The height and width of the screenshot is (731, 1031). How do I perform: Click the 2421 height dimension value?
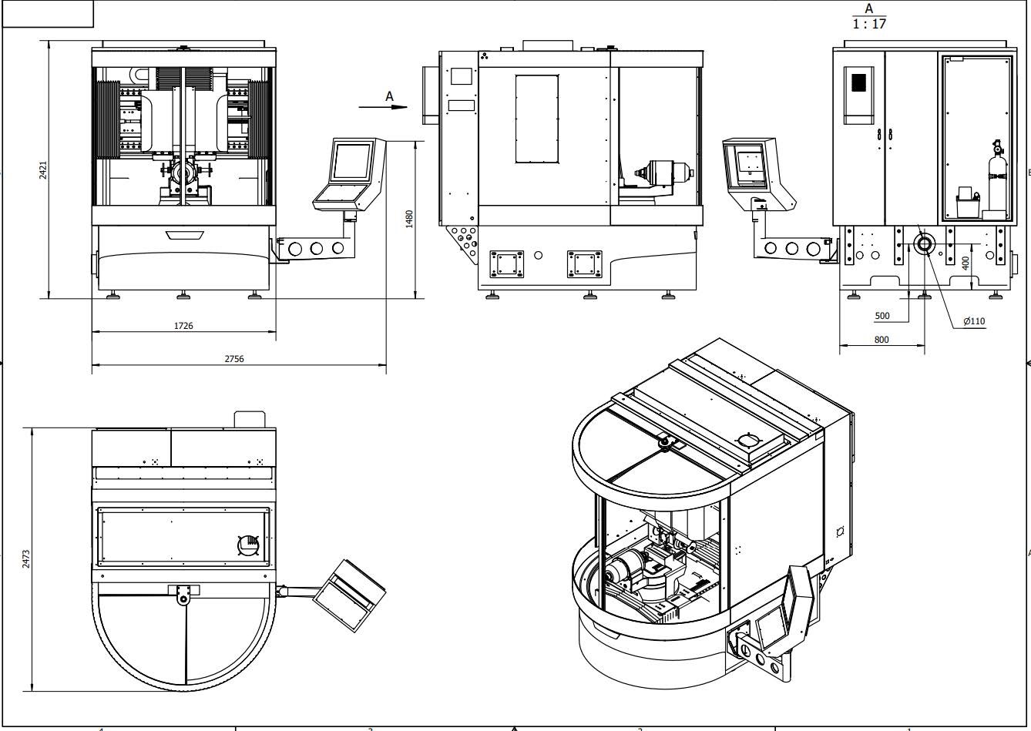click(x=43, y=170)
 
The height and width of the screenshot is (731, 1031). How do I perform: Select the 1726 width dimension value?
click(x=183, y=326)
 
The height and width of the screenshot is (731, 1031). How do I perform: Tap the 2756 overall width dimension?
click(x=234, y=359)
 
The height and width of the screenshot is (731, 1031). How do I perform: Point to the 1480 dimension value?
click(x=409, y=219)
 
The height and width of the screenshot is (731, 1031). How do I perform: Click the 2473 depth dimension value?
click(x=26, y=558)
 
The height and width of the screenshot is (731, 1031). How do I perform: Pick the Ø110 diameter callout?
click(x=974, y=321)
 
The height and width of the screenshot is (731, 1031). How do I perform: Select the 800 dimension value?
click(x=882, y=339)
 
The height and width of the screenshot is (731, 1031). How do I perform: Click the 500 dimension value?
click(x=882, y=316)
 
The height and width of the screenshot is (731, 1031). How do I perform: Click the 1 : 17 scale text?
click(x=869, y=24)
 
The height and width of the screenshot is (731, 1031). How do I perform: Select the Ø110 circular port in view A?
click(x=924, y=244)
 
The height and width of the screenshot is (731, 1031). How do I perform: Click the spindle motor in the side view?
click(x=663, y=174)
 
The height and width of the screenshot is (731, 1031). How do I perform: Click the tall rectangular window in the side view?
click(x=536, y=119)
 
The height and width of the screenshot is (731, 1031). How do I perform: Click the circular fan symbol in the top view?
click(x=247, y=545)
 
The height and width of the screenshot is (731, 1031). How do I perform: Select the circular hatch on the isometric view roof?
click(x=748, y=441)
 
